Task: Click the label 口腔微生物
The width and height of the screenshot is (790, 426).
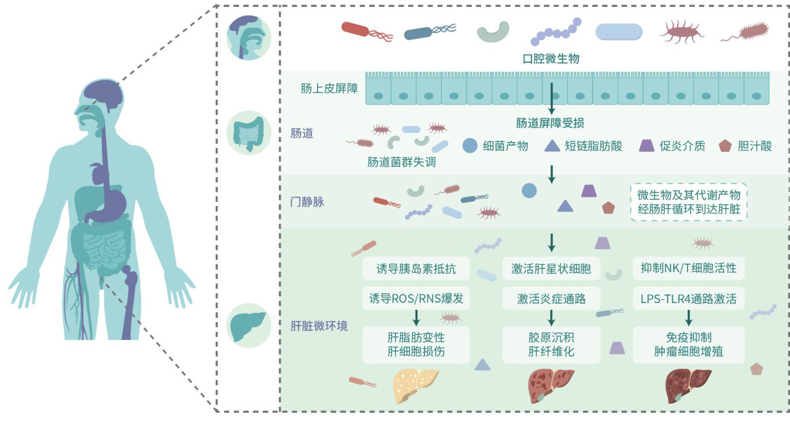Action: pyautogui.click(x=551, y=59)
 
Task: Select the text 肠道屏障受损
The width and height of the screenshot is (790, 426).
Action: pyautogui.click(x=551, y=123)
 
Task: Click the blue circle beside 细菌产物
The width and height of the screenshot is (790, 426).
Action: pyautogui.click(x=470, y=145)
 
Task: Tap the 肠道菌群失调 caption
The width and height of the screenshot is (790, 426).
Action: pyautogui.click(x=401, y=162)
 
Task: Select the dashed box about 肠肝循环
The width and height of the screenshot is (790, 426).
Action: pyautogui.click(x=688, y=202)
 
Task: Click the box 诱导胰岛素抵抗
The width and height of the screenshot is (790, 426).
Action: pyautogui.click(x=416, y=269)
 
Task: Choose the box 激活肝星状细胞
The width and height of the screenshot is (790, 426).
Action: pyautogui.click(x=551, y=269)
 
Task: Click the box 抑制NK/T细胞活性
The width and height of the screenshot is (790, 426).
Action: pyautogui.click(x=688, y=269)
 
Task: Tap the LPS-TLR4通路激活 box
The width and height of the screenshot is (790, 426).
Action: pyautogui.click(x=688, y=299)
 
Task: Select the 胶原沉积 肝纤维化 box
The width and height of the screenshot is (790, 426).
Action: pyautogui.click(x=551, y=345)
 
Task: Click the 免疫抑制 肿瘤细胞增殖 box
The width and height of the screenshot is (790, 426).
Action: pyautogui.click(x=688, y=345)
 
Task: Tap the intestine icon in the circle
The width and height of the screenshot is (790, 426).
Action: pyautogui.click(x=248, y=133)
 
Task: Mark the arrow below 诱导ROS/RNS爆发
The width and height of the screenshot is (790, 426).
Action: pyautogui.click(x=416, y=316)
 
